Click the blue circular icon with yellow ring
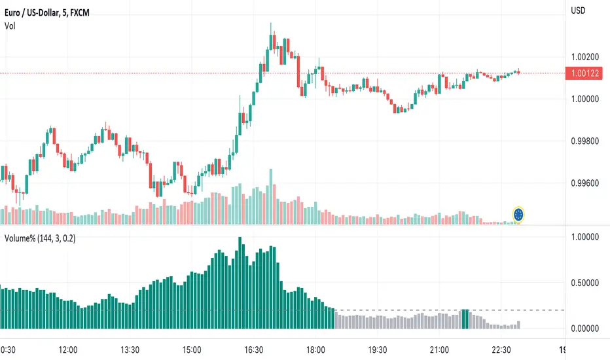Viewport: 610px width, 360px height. pyautogui.click(x=519, y=214)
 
